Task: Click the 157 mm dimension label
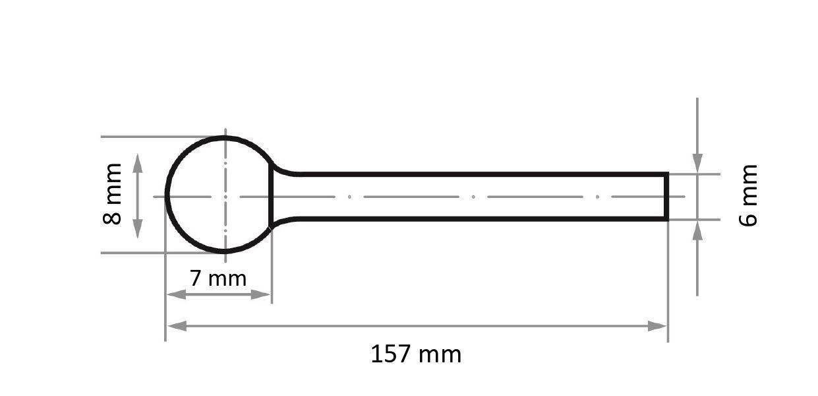coord(416,354)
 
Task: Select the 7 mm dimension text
coord(218,279)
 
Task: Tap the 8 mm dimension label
coord(113,194)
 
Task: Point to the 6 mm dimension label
coord(748,195)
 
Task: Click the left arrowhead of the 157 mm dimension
coord(177,326)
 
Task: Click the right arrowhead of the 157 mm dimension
coord(657,326)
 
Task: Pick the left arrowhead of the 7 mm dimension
coord(176,294)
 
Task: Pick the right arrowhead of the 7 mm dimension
coord(260,294)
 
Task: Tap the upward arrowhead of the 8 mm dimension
coord(137,164)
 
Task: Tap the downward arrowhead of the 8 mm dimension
coord(137,228)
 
